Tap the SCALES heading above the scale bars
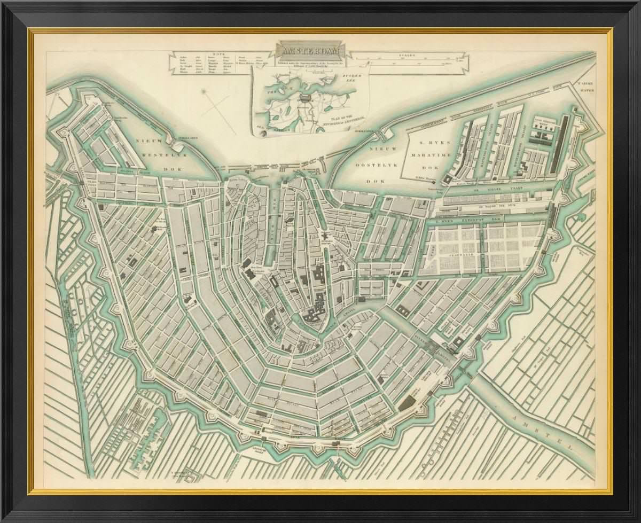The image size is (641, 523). pyautogui.click(x=412, y=54)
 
